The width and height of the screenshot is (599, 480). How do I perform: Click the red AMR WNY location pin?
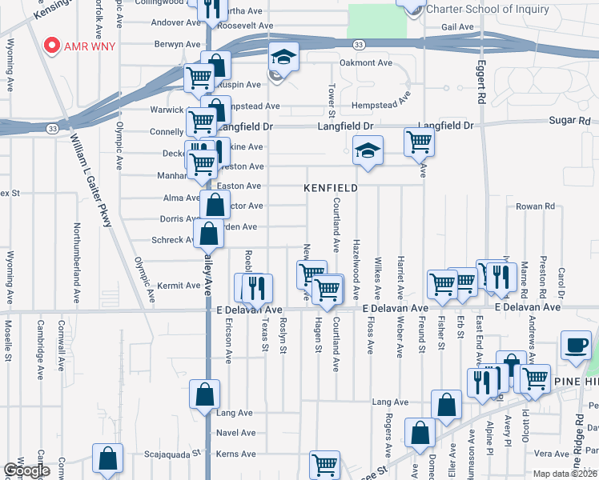pyautogui.click(x=53, y=46)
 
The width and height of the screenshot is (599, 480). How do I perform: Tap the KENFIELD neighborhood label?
pyautogui.click(x=330, y=187)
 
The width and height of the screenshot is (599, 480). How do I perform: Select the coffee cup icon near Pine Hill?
pyautogui.click(x=575, y=345)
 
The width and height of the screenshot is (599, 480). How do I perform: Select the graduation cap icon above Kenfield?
pyautogui.click(x=368, y=150)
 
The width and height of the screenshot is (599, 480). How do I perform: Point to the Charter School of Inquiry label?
pyautogui.click(x=488, y=10)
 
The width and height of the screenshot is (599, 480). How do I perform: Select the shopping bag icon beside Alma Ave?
pyautogui.click(x=215, y=205)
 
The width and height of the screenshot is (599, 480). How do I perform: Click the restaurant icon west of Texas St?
pyautogui.click(x=256, y=288)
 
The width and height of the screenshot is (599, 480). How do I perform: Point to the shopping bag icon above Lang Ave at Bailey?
pyautogui.click(x=205, y=394)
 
